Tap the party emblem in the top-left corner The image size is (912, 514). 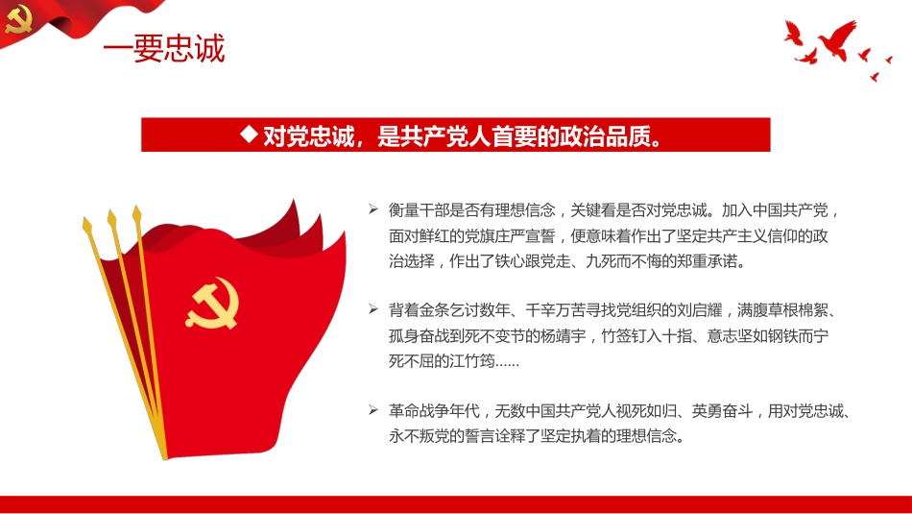pyautogui.click(x=18, y=18)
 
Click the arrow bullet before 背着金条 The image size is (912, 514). pyautogui.click(x=372, y=310)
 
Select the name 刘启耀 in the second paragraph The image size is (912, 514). pyautogui.click(x=704, y=310)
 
